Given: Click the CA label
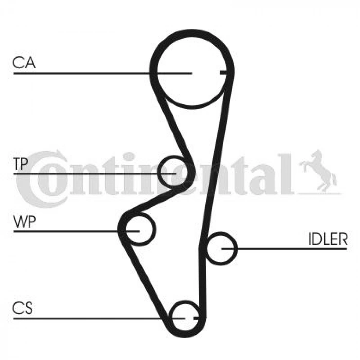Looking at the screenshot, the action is coord(24,63).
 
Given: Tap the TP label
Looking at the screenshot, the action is coord(21,164).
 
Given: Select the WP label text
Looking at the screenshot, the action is coord(25,222).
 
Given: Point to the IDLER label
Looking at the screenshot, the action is coord(328,239).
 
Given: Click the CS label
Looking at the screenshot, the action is coord(23,308).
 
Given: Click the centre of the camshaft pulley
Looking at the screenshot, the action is coord(192,73).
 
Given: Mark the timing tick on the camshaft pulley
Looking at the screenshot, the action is coord(223,73).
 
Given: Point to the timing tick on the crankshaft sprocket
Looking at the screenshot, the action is coord(196,319).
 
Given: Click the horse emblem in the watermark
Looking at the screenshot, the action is coord(318,171).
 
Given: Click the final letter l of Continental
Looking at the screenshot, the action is coord(286,174).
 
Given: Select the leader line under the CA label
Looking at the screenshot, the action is coord(103,73).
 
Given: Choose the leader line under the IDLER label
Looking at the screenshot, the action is coord(284,248).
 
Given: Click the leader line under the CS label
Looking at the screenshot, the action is coord(99,319).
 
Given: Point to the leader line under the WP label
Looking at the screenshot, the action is coord(77,231).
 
